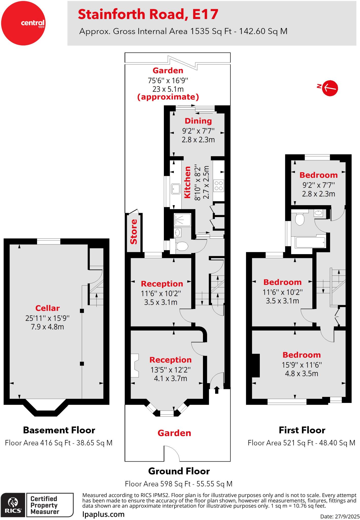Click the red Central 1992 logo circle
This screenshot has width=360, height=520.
point(23,23)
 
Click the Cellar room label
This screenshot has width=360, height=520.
point(47,308)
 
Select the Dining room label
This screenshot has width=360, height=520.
point(198,121)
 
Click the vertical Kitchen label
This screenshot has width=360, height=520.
point(187,182)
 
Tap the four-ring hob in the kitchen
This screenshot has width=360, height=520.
point(219,186)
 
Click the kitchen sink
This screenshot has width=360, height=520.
point(176,188)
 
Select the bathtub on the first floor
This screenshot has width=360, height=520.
point(310,242)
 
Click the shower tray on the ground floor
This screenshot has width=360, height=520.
point(182,220)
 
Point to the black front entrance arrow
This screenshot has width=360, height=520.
point(217,390)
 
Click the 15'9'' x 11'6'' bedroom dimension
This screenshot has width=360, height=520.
point(302,365)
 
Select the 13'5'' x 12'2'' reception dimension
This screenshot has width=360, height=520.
point(170,370)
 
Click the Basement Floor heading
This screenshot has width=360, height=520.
point(59,430)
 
